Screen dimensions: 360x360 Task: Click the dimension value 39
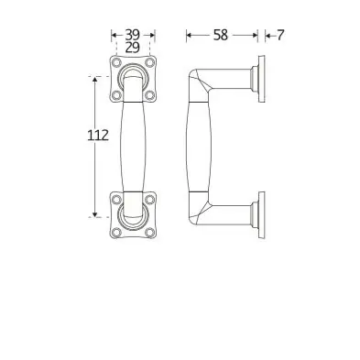133,35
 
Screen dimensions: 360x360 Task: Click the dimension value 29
133,48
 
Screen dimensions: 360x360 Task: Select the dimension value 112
98,136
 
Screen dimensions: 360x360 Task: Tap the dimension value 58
221,35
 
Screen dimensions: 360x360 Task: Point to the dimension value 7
280,35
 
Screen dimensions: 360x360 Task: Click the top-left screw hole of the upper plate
116,62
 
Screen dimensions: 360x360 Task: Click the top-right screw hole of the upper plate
149,62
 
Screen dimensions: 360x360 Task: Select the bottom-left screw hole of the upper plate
116,95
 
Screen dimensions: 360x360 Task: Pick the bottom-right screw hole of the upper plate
149,95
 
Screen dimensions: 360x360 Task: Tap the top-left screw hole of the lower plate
116,200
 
